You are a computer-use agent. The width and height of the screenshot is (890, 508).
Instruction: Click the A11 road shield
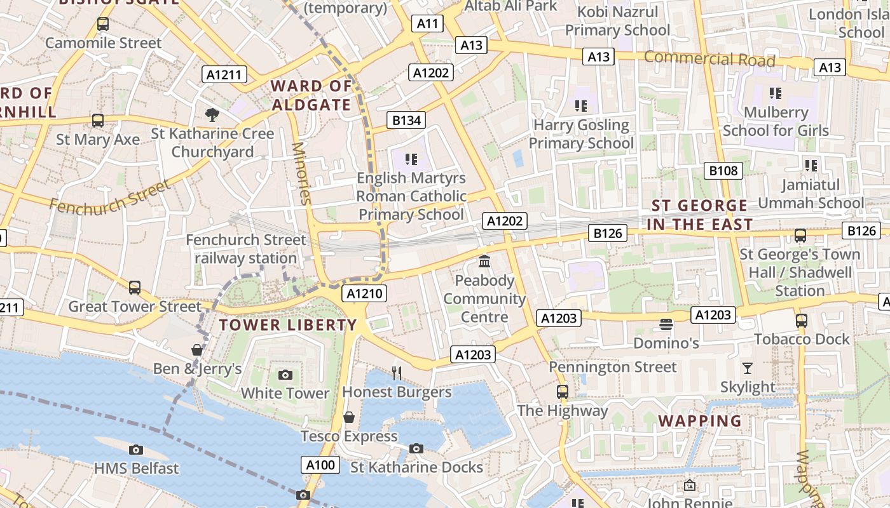pos(427,24)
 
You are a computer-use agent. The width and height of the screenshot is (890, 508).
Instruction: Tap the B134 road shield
pos(406,120)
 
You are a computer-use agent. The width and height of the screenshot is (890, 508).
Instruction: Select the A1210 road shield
pos(364,293)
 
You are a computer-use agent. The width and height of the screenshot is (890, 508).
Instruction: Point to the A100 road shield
pos(320,465)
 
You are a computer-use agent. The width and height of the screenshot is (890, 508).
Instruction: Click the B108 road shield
pos(723,170)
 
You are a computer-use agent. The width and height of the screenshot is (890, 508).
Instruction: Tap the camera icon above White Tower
pos(285,375)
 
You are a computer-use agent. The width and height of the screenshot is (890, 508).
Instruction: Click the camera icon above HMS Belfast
pos(135,450)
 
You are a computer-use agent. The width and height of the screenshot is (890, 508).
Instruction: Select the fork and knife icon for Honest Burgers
pos(397,373)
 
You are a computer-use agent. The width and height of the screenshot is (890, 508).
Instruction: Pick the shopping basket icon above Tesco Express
pos(348,417)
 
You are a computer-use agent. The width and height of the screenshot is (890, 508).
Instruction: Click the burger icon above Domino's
pos(666,324)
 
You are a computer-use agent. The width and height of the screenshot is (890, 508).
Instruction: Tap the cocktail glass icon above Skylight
pos(748,368)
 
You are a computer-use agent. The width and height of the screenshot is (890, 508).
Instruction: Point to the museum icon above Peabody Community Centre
pos(484,261)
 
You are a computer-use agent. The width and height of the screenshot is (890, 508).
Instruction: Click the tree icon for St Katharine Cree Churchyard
pos(212,114)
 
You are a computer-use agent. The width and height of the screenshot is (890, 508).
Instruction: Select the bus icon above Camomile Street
pos(103,24)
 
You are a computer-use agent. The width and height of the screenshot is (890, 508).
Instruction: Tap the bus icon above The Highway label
pos(562,391)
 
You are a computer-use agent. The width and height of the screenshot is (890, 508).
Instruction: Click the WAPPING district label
pos(700,421)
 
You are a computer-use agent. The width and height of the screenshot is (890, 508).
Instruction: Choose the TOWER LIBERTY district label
pos(288,325)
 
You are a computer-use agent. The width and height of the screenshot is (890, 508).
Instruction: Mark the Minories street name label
pos(301,173)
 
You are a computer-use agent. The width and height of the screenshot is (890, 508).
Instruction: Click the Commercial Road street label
pos(709,59)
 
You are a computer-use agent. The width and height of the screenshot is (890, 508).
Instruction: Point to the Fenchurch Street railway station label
pos(246,249)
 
